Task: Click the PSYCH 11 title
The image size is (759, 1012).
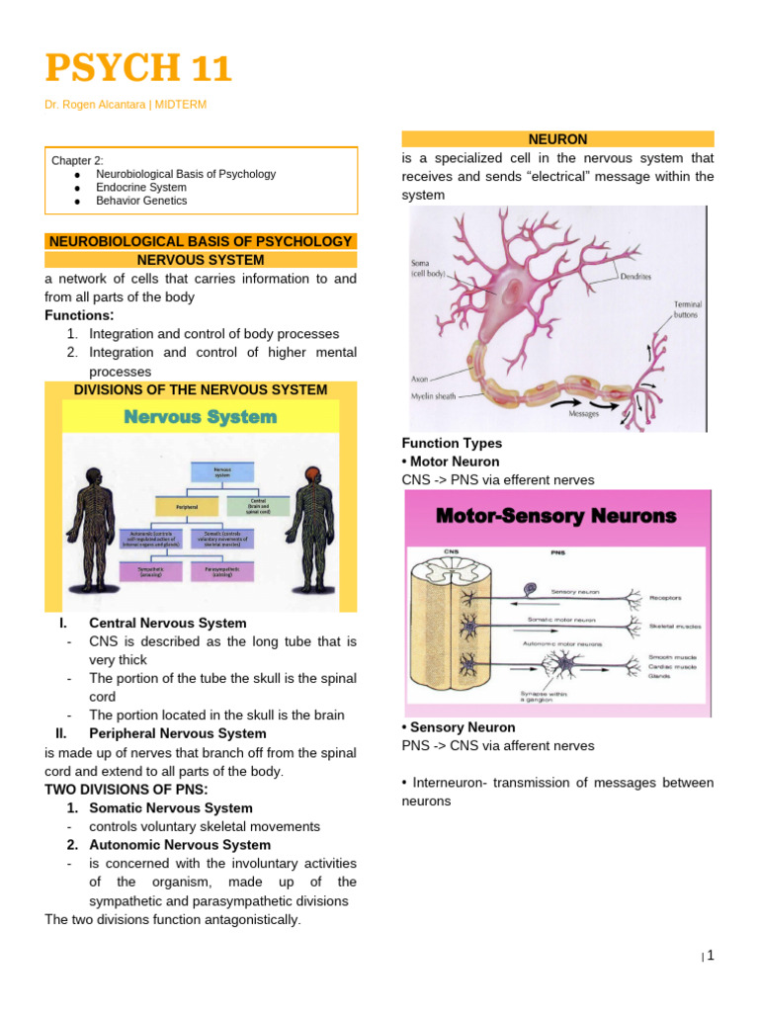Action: click(138, 69)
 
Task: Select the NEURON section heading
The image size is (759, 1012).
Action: click(558, 139)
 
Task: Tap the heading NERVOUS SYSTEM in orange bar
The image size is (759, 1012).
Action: click(201, 260)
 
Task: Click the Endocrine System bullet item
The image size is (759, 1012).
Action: click(140, 187)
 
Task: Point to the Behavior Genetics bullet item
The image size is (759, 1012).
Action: click(141, 201)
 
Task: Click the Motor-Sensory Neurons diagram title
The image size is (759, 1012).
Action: click(556, 516)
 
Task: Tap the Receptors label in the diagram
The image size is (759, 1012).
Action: click(667, 597)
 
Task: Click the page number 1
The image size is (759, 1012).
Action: click(710, 955)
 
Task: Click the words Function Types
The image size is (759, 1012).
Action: click(451, 444)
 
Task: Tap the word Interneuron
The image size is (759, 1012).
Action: click(449, 783)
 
